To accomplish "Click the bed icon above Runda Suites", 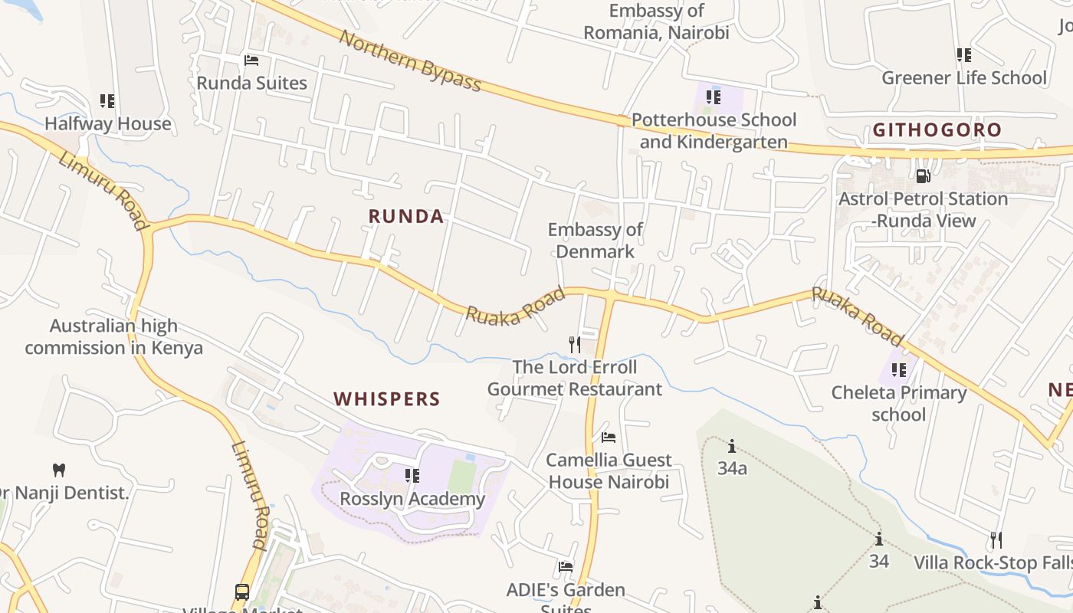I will tap(251, 60).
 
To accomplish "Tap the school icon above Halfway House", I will tap(107, 100).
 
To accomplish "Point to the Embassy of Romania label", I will tap(656, 21).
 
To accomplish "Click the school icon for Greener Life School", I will tap(963, 54).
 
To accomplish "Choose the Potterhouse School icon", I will tap(714, 97).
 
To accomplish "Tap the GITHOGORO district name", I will tap(937, 130).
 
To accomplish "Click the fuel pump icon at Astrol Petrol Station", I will tap(923, 175).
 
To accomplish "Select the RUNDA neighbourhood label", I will tap(406, 217).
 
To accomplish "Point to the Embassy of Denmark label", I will tap(596, 240).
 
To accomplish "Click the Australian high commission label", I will tap(113, 336).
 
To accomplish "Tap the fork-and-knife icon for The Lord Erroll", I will tap(574, 344).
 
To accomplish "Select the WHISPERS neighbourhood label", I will tap(387, 399).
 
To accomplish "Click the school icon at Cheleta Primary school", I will tap(899, 370).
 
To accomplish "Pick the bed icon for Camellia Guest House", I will tap(609, 438).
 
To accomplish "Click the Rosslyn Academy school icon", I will tap(412, 476).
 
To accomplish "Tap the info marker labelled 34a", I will tap(732, 445).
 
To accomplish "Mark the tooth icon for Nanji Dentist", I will tap(58, 469).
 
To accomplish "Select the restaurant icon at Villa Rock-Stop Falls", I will tap(996, 540).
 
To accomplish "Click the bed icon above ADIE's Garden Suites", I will tap(566, 567).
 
